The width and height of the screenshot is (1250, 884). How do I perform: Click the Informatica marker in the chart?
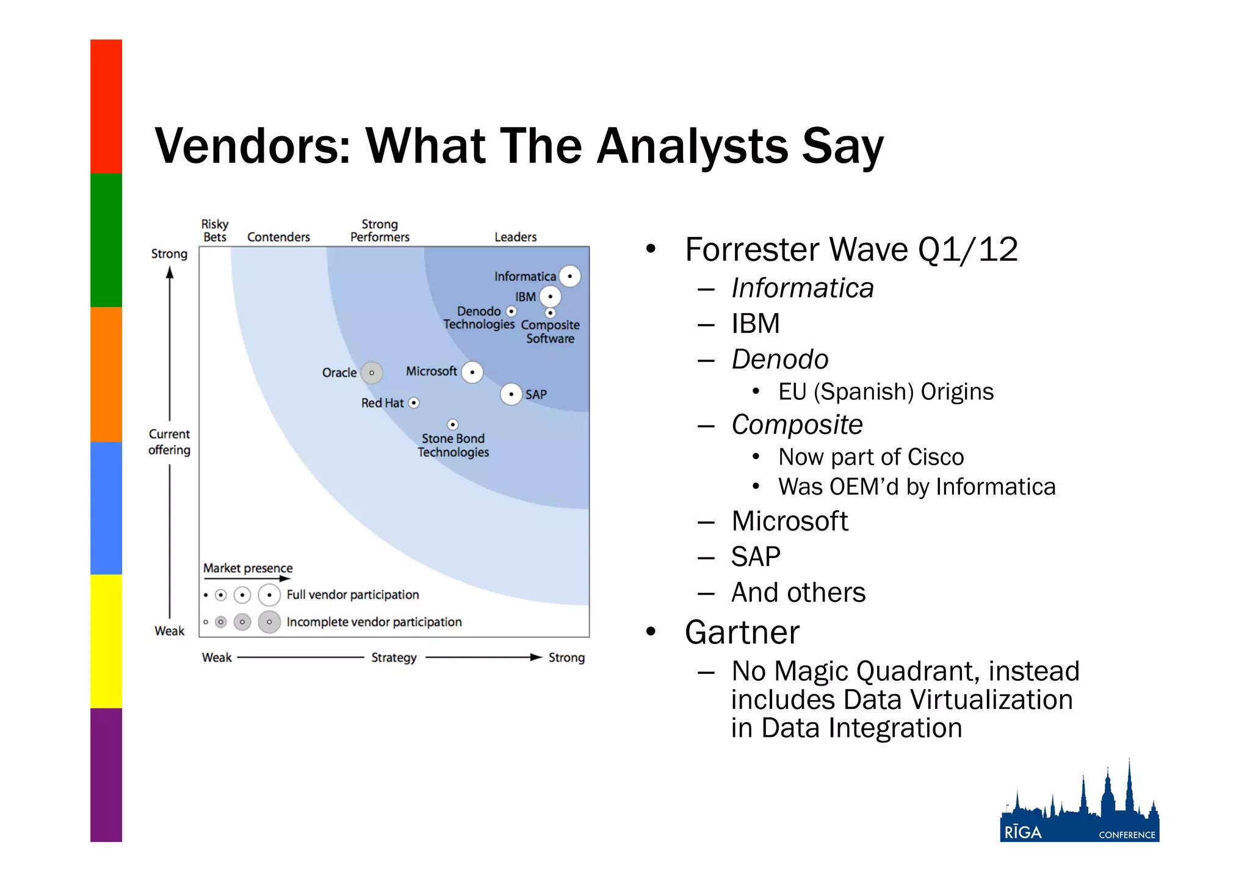[569, 276]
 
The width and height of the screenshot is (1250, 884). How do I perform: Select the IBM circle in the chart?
[550, 297]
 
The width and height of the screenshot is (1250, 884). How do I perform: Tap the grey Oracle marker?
[372, 372]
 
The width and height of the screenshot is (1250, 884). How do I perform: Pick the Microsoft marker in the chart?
[472, 372]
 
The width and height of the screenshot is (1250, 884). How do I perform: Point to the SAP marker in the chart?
[511, 394]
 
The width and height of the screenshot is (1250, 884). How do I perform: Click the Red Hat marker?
[414, 403]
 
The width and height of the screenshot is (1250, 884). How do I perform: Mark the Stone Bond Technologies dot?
[452, 424]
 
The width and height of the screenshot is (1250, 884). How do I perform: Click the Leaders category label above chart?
[515, 237]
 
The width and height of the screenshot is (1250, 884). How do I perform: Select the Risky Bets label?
[215, 231]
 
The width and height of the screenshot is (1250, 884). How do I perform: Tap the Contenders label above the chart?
[278, 237]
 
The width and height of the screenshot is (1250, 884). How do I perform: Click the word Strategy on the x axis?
[394, 658]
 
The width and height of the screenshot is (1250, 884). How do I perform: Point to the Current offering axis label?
[169, 442]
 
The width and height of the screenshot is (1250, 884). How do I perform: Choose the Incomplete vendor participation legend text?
[374, 622]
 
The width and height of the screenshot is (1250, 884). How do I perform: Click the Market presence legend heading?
[248, 568]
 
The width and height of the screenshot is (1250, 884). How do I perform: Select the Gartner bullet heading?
[742, 632]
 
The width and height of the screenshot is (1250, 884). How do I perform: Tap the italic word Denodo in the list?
[779, 360]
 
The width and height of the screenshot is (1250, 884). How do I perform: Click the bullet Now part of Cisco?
[870, 457]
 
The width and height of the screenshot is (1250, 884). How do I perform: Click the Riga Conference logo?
[1079, 806]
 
